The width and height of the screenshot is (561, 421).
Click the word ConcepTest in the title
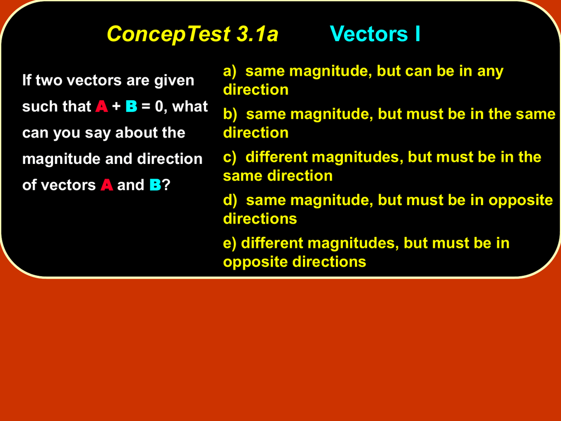[169, 35]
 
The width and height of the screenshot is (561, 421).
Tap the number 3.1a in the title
[257, 34]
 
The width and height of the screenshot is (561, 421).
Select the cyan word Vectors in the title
[369, 34]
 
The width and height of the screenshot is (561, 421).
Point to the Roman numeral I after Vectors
[417, 34]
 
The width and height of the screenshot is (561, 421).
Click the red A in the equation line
[101, 106]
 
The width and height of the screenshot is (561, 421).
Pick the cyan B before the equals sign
[131, 106]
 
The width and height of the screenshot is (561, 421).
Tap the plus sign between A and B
[116, 107]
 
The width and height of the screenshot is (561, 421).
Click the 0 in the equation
[159, 106]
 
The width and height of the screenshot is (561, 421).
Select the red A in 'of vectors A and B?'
[107, 185]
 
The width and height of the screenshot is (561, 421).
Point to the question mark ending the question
[165, 185]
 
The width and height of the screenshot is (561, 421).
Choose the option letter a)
[230, 71]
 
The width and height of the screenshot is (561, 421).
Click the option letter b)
[230, 114]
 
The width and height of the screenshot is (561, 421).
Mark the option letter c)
[230, 157]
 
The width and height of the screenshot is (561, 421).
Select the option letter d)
[230, 200]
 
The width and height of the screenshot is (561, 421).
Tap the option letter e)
[230, 243]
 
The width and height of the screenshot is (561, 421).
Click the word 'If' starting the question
[26, 80]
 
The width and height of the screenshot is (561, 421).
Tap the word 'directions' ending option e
[329, 261]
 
